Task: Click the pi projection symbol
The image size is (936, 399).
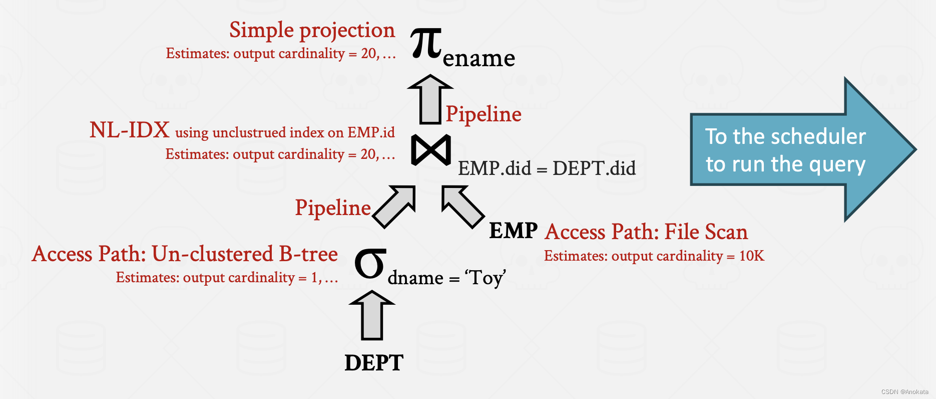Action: coord(426,44)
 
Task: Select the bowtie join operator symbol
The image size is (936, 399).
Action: coord(430,150)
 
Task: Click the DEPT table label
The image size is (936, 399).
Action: coord(374,363)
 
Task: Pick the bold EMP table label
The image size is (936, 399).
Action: coord(513,231)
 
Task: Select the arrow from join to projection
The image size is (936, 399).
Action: coord(430,99)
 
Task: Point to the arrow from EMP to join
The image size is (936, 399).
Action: coord(462,206)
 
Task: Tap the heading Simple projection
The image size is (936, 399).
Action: coord(312,30)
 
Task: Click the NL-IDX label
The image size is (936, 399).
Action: coord(129,130)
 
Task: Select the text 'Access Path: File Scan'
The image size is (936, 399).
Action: coord(646,232)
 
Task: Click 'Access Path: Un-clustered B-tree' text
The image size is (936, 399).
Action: coord(185,254)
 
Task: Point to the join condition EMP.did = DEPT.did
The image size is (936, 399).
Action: coord(547,168)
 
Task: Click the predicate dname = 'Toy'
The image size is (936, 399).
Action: coord(446,278)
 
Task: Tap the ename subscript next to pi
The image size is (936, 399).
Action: coord(479,59)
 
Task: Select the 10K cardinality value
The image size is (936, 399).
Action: coord(751,256)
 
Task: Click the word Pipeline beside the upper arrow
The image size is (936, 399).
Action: coord(484,114)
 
